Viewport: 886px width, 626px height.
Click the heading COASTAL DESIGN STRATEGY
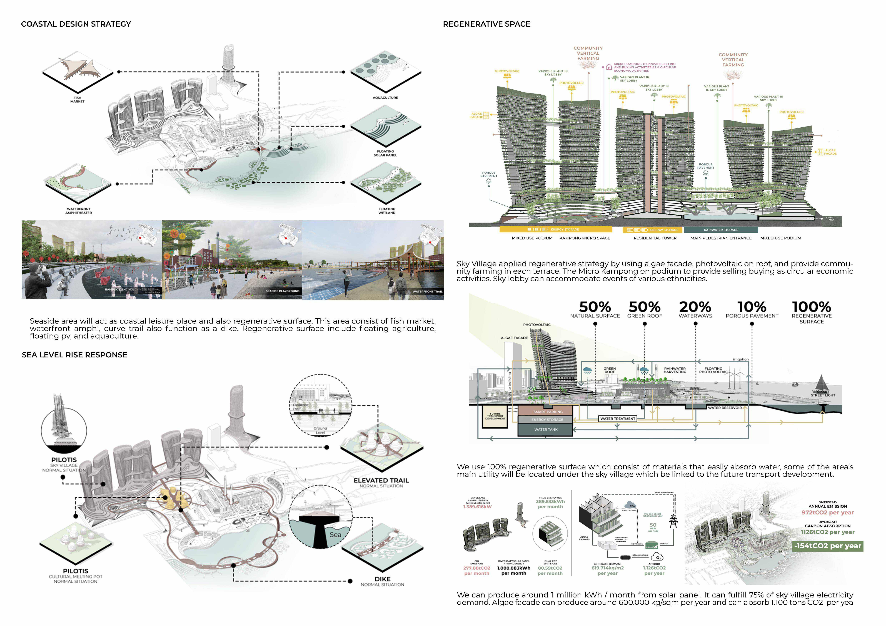[76, 24]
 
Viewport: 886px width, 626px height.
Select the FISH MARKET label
[77, 99]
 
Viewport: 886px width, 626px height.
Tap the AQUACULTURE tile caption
[385, 98]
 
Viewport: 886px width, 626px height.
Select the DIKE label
[382, 579]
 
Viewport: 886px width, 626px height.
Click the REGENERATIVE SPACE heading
[487, 24]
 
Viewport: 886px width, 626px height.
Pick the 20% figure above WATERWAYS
[695, 307]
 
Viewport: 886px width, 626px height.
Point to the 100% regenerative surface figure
[812, 307]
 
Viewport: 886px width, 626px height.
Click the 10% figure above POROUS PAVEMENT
[752, 307]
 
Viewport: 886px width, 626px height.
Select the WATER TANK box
[546, 429]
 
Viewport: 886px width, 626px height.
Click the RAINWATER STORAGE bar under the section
[721, 230]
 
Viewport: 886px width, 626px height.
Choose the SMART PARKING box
[548, 412]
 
